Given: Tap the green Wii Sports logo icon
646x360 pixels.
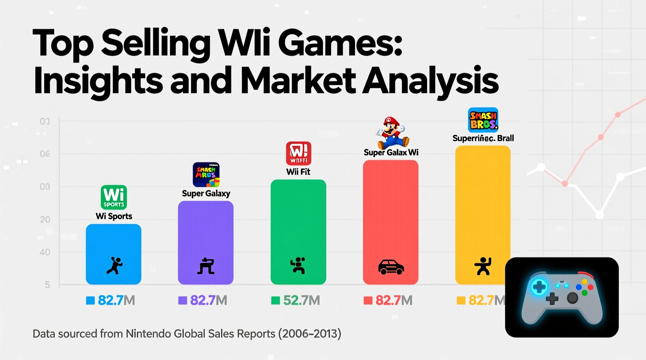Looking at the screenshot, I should (114, 197).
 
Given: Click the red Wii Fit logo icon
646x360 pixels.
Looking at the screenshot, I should (299, 154).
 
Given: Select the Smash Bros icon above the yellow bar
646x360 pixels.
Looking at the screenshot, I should (483, 120).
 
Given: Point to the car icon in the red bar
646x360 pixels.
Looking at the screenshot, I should (391, 267).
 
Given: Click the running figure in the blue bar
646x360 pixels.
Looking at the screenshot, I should (114, 266).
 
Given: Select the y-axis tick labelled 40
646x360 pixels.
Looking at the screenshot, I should (45, 252).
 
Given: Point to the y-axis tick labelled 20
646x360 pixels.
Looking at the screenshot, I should (45, 220).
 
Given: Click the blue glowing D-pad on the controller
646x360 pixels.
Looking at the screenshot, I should (539, 287).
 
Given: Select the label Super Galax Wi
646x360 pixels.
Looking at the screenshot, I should (391, 152).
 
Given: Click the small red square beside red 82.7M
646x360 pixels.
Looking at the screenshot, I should (368, 300).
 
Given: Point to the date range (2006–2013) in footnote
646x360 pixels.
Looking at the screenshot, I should (309, 334).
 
